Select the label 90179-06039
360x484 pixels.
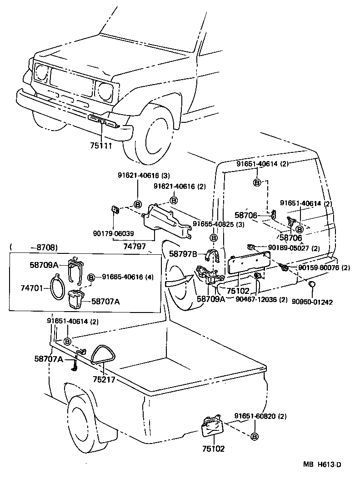pyautogui.click(x=114, y=233)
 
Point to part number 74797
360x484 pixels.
pyautogui.click(x=135, y=246)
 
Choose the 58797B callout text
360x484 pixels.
pyautogui.click(x=183, y=254)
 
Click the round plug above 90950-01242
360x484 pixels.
pyautogui.click(x=312, y=285)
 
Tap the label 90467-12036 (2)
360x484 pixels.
pyautogui.click(x=261, y=299)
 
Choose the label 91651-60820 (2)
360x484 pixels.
pyautogui.click(x=260, y=416)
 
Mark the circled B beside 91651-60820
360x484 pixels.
pyautogui.click(x=254, y=437)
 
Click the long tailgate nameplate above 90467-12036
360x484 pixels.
pyautogui.click(x=249, y=263)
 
